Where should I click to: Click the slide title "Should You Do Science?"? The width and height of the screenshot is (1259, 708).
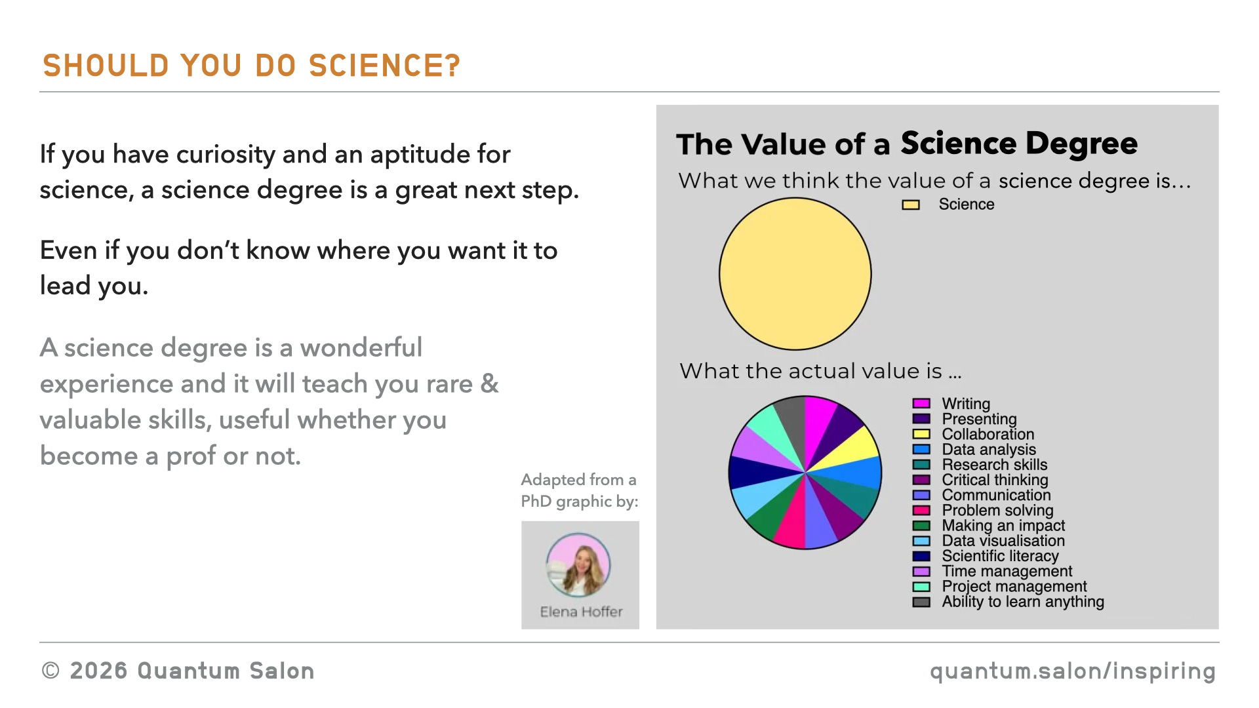click(252, 66)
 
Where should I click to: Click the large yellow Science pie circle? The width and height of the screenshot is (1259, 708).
click(795, 274)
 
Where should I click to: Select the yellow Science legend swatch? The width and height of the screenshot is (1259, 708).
click(911, 205)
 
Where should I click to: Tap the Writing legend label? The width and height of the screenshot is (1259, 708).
click(966, 404)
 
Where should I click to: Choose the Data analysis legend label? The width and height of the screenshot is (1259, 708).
click(989, 450)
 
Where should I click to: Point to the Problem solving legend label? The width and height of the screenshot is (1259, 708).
click(997, 511)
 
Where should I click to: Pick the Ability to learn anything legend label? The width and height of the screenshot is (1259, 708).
click(1023, 602)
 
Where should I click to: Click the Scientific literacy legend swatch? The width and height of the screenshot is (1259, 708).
click(921, 557)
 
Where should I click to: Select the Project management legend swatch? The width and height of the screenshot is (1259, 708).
click(921, 587)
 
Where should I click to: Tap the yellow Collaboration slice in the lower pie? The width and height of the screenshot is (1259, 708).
click(852, 448)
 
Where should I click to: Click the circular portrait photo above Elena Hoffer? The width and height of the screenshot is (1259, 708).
click(578, 565)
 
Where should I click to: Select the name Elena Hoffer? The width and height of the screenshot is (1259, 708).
click(581, 612)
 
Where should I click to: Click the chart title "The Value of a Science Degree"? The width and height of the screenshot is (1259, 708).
click(907, 144)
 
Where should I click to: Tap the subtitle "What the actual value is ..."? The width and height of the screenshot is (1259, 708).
click(820, 371)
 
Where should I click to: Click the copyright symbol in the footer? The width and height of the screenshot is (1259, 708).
click(50, 671)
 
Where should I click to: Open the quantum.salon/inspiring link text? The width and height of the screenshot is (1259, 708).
click(1073, 671)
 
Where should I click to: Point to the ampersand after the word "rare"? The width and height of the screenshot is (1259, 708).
click(489, 383)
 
